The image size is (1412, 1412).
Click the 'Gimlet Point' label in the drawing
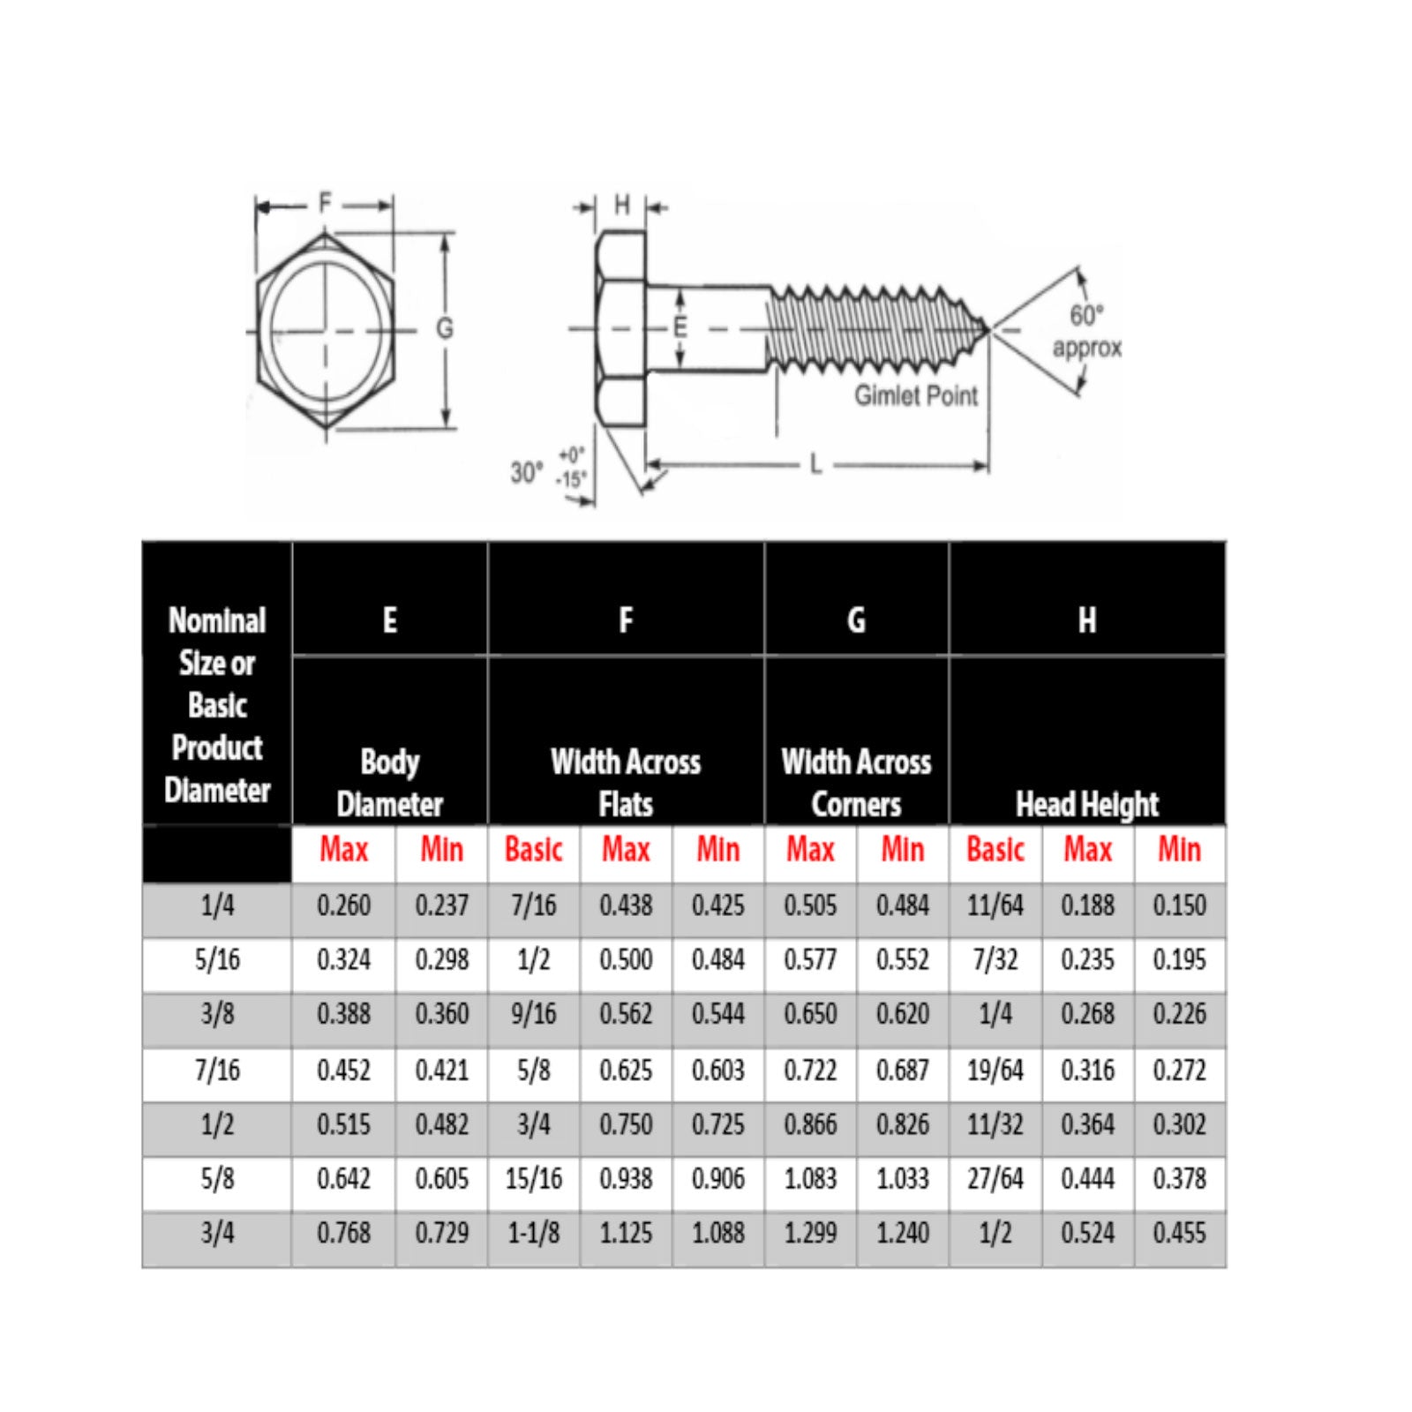coord(915,395)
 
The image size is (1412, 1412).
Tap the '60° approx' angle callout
coord(1086,332)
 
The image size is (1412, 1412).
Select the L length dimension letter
coord(815,464)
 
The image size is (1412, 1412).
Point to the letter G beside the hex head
coord(445,328)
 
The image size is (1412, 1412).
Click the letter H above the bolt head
coord(622,206)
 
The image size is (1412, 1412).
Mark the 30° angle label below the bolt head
coord(526,473)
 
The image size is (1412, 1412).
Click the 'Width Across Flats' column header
coord(625,782)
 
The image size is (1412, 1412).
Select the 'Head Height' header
coord(1086,804)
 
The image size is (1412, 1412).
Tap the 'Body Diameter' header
coord(389,782)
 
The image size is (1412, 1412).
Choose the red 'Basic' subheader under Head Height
coord(995,850)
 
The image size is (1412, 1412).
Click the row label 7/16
coord(217,1070)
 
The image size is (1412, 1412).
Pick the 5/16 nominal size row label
coord(217,960)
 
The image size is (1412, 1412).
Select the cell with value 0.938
coord(626,1179)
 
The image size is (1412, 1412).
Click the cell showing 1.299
coord(810,1233)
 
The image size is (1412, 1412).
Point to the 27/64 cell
coord(995,1179)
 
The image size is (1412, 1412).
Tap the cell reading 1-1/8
coord(533,1233)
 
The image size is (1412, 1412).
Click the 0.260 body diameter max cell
coord(343,905)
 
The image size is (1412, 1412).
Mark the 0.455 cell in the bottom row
coord(1179,1233)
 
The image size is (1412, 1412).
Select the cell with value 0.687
coord(902,1070)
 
